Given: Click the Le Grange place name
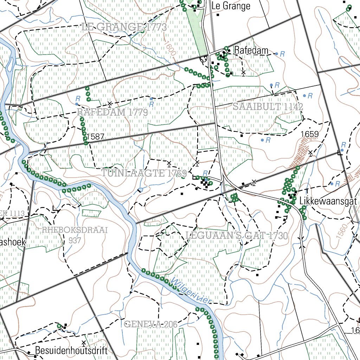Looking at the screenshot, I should click(231, 6).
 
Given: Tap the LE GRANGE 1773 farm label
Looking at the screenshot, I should click(124, 27).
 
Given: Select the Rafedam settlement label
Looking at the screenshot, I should click(251, 50).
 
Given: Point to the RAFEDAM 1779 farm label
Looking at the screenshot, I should click(112, 112).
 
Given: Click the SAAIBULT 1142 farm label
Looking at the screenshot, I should click(268, 107).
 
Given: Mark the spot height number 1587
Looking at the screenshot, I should click(95, 137).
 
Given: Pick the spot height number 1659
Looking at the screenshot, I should click(310, 134).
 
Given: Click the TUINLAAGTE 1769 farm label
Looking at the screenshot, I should click(144, 173).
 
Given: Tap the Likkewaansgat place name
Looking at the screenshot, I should click(328, 202).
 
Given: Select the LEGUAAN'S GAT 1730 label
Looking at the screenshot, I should click(236, 236).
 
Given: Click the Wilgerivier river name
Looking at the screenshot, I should click(192, 290).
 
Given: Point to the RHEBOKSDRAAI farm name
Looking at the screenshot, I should click(74, 230).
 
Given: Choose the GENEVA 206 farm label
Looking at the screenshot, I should click(150, 324).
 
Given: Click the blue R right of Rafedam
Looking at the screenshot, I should click(282, 54).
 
